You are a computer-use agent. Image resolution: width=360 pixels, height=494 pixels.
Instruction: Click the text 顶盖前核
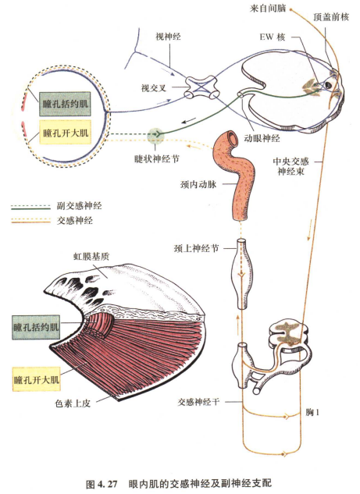pyautogui.click(x=330, y=16)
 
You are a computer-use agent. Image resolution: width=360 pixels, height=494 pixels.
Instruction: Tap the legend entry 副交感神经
pyautogui.click(x=80, y=207)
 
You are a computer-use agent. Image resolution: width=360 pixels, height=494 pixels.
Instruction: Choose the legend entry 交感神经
pyautogui.click(x=75, y=221)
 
